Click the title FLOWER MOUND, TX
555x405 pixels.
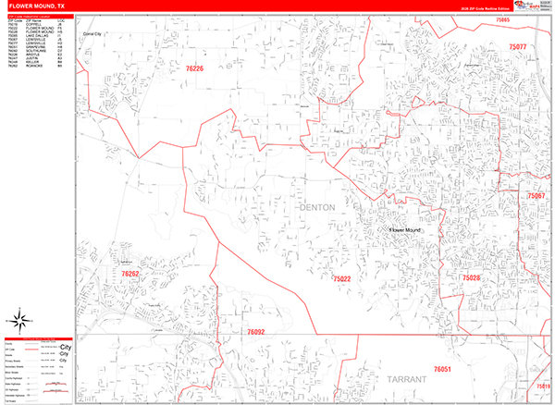37,6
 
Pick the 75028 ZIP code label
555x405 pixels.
472,277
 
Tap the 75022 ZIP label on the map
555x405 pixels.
341,278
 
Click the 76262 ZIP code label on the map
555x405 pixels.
129,274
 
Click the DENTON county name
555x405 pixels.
318,208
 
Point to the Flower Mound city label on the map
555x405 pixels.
404,227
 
